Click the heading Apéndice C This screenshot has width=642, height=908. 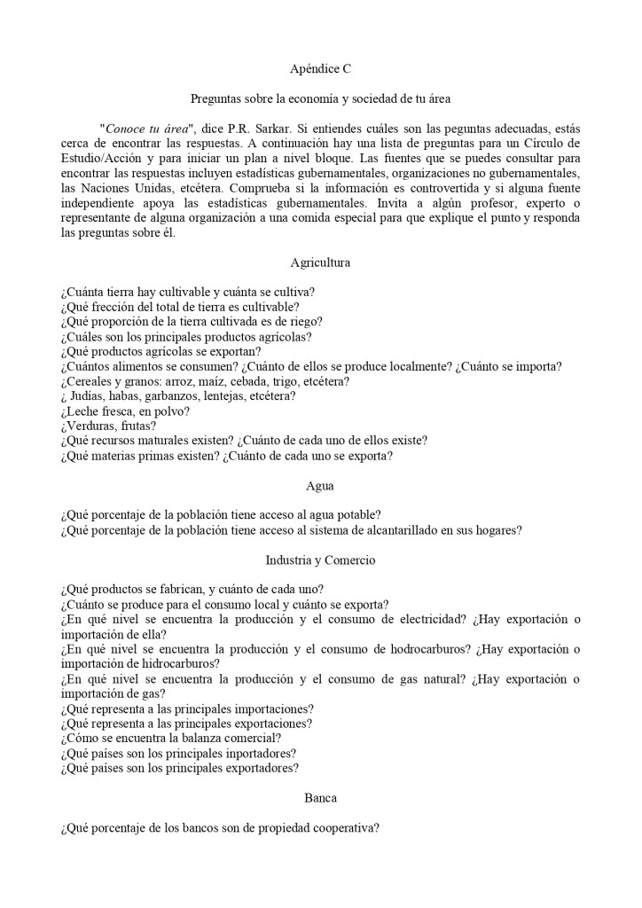[x=320, y=68]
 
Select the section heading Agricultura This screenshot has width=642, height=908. [x=320, y=262]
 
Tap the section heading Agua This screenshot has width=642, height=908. [x=320, y=486]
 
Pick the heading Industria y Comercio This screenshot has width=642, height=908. [x=320, y=560]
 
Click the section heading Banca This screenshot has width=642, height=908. [x=320, y=798]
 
